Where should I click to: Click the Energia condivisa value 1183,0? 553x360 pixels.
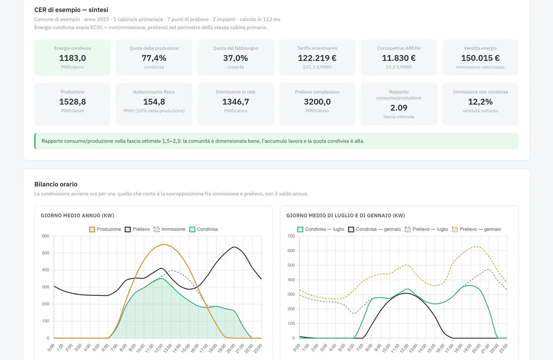72,58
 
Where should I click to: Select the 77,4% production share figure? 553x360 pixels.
154,58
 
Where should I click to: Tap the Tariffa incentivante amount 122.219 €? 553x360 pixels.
317,58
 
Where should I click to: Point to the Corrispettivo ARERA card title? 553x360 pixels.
399,48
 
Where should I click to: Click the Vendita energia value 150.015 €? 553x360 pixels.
480,58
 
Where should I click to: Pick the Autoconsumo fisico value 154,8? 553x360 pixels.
154,102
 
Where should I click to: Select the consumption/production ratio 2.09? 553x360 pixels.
399,108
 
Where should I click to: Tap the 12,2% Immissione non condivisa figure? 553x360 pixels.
480,102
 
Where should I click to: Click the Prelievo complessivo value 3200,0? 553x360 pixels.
317,102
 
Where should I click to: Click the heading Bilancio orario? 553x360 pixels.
56,184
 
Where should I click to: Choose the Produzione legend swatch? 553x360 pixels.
92,229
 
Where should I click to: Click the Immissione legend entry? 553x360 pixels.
169,229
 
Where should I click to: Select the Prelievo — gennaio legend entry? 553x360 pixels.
476,229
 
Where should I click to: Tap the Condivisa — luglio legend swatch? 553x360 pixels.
300,229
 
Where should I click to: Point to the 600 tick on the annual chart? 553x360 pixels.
45,236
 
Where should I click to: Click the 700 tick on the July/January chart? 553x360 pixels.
291,236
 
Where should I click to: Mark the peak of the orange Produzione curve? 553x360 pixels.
163,244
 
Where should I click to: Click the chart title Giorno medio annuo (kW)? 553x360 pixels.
77,216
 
